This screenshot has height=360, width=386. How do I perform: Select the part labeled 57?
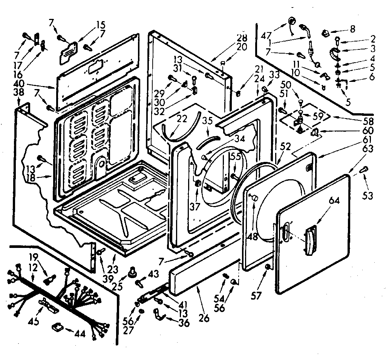[267, 267]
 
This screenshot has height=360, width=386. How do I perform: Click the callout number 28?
[242, 38]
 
